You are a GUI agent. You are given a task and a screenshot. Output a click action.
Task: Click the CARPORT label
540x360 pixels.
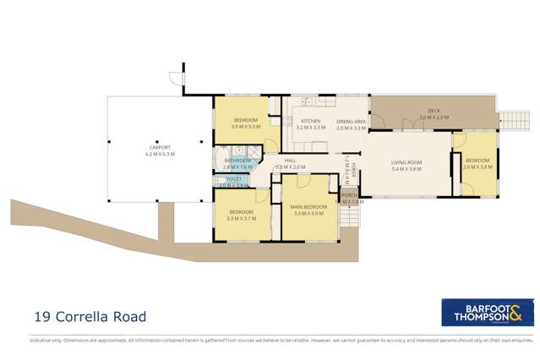tap(158, 148)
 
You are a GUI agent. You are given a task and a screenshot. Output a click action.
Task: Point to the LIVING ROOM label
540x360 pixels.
tap(406, 161)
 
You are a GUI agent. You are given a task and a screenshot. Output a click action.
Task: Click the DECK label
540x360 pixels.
tap(434, 111)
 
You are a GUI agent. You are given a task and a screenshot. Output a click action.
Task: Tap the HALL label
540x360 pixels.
tap(290, 160)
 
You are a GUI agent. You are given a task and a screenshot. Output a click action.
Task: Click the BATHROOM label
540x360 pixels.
tap(237, 161)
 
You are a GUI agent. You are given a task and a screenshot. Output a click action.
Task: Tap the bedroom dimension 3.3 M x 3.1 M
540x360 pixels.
tap(241, 219)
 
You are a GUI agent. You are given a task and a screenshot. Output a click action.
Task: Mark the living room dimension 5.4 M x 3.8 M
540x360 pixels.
tap(406, 168)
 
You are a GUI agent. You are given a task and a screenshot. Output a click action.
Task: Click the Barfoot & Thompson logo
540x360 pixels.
tap(488, 311)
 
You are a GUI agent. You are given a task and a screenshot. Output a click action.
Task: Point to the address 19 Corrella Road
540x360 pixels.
tap(90, 317)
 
